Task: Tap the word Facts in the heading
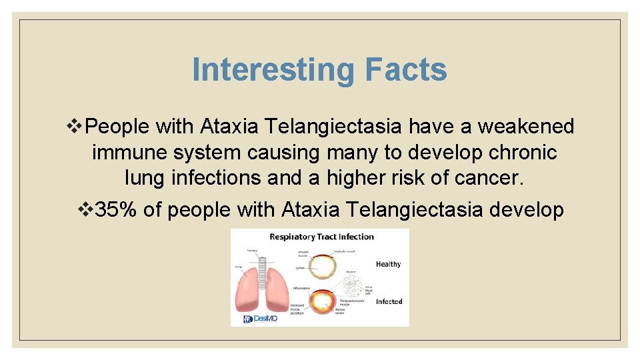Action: (x=406, y=69)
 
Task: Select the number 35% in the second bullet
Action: (x=117, y=210)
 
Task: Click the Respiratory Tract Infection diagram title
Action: (x=321, y=237)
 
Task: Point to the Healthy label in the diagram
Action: (x=388, y=264)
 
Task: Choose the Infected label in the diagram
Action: (x=389, y=301)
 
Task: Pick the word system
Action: (x=207, y=153)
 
